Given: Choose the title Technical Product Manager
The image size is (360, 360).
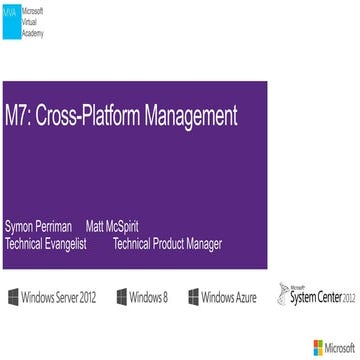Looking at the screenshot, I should point(168,243).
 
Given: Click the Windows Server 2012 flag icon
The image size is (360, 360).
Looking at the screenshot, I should point(13,297).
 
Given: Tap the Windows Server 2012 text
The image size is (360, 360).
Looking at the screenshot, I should point(59,297).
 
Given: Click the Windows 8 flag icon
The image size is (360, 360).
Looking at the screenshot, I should point(121,297).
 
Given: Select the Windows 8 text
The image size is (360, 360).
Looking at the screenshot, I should point(148,297).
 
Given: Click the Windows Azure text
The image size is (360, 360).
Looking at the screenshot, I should point(229,297).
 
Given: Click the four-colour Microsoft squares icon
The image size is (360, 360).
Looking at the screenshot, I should point(319,347).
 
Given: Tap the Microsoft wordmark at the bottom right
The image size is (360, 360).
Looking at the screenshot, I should point(340,347).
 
